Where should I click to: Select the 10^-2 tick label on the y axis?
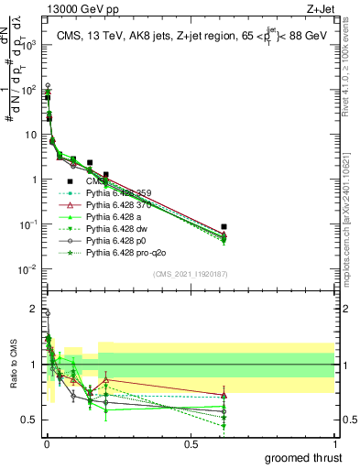[x=28, y=268]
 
